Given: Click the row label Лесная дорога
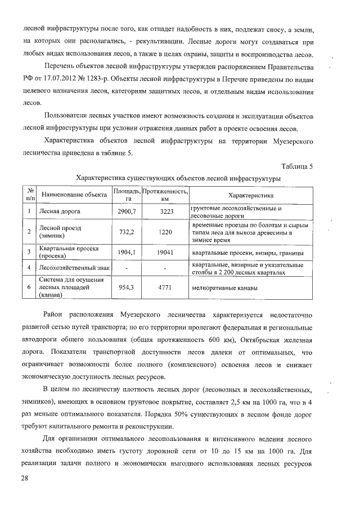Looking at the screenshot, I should (60, 211).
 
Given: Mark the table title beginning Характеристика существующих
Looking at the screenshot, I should (179, 178).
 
